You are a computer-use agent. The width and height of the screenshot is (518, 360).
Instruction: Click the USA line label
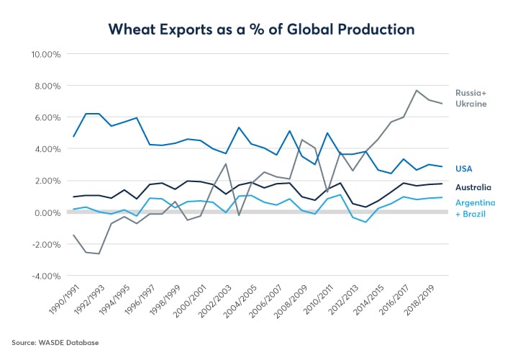(x=464, y=168)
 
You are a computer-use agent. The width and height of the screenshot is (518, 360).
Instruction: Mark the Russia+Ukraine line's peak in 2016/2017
(x=417, y=91)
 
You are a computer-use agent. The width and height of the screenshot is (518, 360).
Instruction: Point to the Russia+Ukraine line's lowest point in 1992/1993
(x=99, y=253)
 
